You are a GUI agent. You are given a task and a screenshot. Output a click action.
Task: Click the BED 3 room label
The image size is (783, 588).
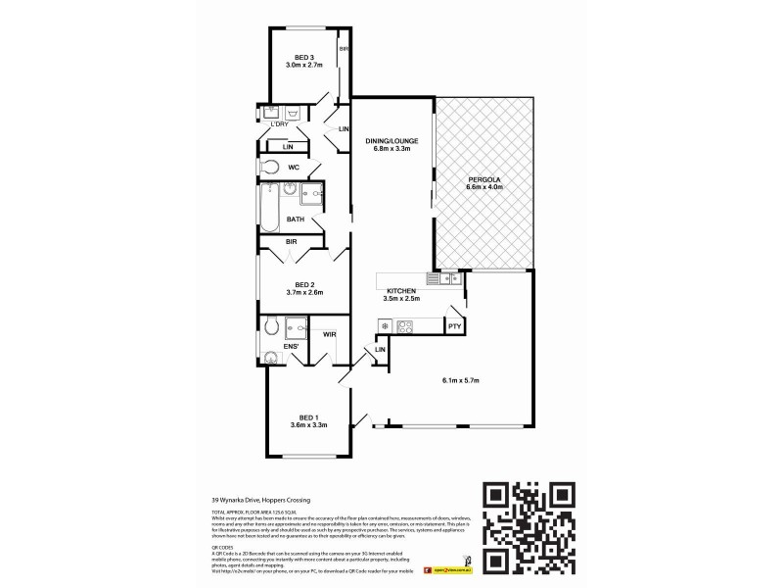(x=305, y=57)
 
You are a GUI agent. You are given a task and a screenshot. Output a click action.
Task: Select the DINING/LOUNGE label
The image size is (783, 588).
(x=392, y=141)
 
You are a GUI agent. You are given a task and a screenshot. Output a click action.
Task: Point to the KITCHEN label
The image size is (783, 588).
(x=402, y=291)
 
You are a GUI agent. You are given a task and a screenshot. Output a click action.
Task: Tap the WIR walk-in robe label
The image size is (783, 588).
(x=329, y=335)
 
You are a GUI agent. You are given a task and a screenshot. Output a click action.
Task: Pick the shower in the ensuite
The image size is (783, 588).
(x=296, y=327)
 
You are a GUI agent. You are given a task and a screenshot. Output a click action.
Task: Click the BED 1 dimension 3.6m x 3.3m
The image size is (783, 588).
(x=307, y=424)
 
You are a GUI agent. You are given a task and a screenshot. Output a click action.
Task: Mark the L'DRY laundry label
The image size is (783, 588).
(x=279, y=124)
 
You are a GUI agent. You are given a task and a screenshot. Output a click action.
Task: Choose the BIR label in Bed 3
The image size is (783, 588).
(x=343, y=48)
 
